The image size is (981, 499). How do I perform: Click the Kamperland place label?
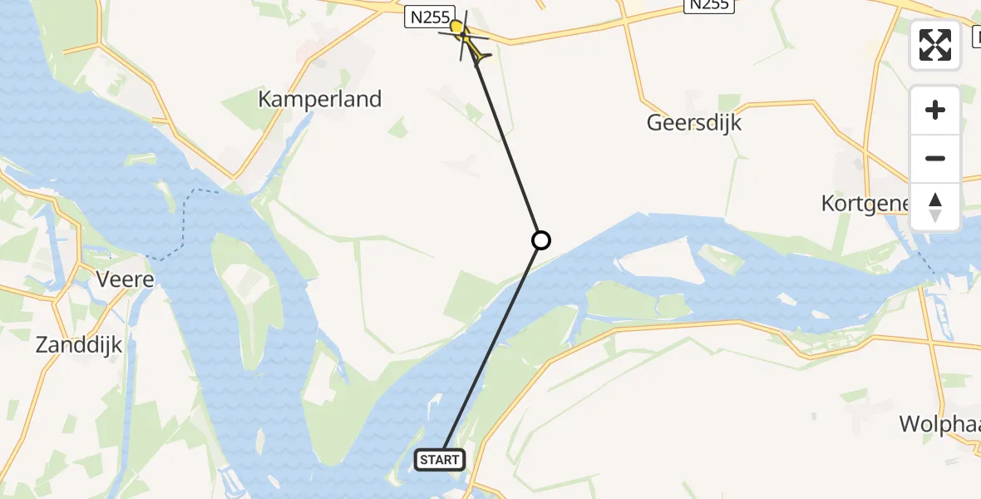[319, 99]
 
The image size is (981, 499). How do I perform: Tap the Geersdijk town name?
[694, 123]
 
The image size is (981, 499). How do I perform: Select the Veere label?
[126, 279]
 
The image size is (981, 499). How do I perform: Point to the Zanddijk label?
[79, 345]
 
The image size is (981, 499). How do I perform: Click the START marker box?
[440, 459]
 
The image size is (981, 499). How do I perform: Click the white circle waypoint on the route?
[540, 240]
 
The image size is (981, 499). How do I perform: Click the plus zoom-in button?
[935, 110]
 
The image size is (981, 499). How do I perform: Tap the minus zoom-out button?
[935, 158]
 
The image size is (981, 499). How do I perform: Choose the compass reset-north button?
[935, 206]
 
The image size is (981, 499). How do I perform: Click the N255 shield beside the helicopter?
[429, 17]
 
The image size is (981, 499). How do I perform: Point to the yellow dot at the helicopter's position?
[456, 27]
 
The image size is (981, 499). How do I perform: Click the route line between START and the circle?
[491, 349]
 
